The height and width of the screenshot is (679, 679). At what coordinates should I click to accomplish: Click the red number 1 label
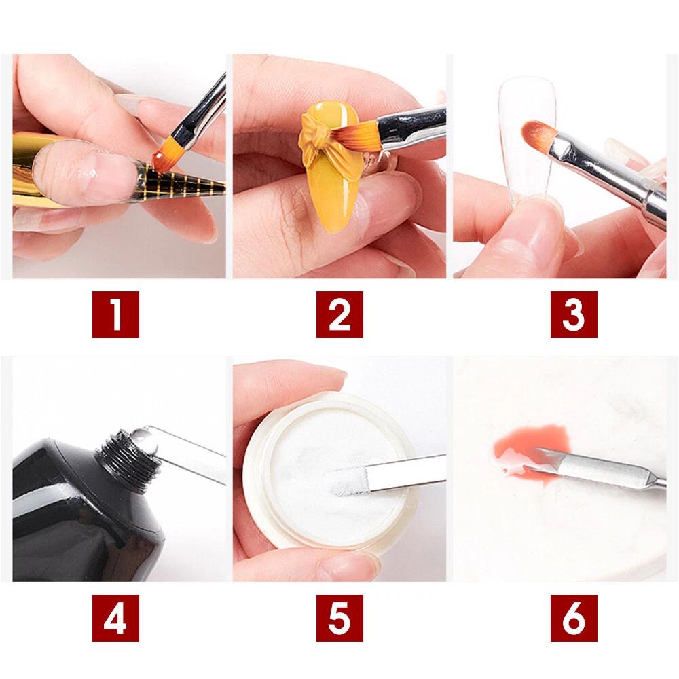(x=115, y=314)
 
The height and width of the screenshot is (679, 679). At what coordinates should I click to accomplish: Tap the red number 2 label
(x=339, y=314)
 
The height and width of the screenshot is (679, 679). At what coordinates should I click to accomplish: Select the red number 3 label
(x=574, y=314)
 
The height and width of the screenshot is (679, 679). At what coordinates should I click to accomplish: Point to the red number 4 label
(x=115, y=618)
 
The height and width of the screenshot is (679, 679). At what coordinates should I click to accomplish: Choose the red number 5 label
(x=339, y=618)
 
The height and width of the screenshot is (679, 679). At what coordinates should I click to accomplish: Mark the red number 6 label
(x=574, y=618)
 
